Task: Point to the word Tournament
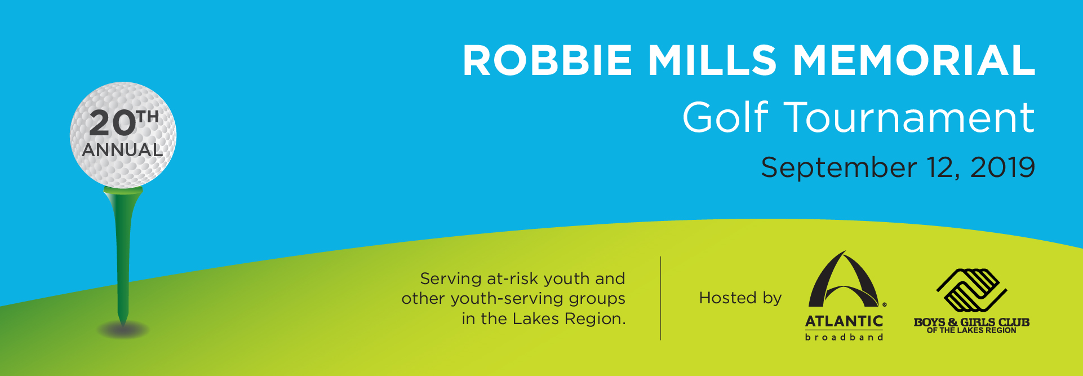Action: coord(909,117)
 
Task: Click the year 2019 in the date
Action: coord(1002,167)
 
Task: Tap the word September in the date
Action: coord(838,168)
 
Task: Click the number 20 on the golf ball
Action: coord(112,123)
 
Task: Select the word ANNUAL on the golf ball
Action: coord(122,150)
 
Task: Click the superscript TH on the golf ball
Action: coord(148,117)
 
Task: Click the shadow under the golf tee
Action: coord(123,330)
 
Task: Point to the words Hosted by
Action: coord(740,298)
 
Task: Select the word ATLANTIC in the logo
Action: coord(844,321)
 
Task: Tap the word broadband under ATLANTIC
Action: coord(844,337)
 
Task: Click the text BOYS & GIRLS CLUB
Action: coord(971,322)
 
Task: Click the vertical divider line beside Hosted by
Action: coord(660,298)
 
